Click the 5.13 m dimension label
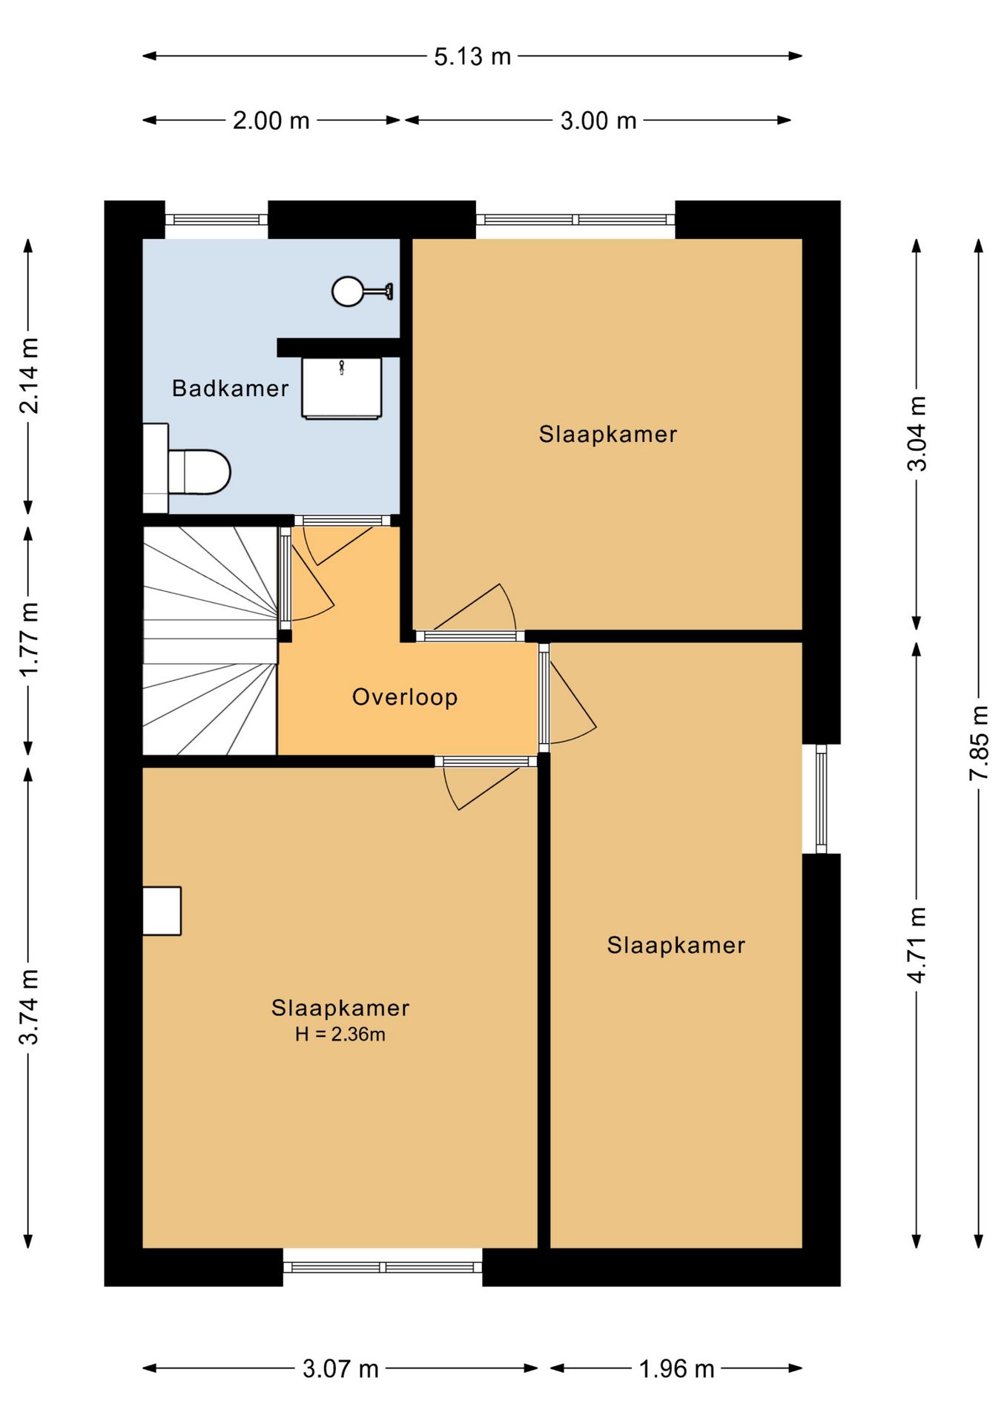coord(472,56)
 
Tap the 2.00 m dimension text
coord(271,120)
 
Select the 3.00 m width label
coord(598,120)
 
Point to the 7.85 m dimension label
coord(979,742)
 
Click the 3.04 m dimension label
coord(917,433)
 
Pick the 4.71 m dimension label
coord(917,945)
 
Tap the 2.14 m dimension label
coord(29,375)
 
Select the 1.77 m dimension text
coord(29,639)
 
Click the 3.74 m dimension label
coord(29,1006)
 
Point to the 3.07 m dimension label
coord(340,1368)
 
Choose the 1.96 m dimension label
coord(676,1368)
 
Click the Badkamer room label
coord(230,388)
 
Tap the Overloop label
coord(405,697)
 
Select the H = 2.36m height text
coord(340,1034)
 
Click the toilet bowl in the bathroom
coord(199,472)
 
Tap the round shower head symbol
coord(348,291)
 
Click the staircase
coord(210,641)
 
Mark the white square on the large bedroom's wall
coord(162,911)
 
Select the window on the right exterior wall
coord(821,799)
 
